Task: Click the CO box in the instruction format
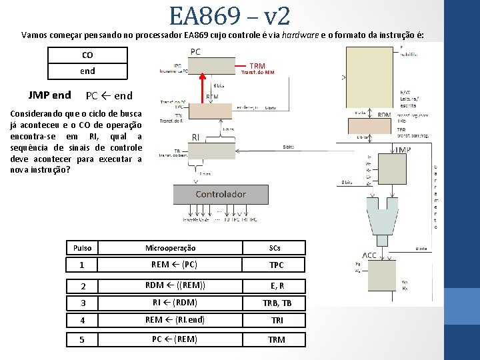[x=87, y=55]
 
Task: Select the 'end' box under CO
[x=87, y=71]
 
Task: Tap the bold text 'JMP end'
[x=49, y=95]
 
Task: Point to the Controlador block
[x=220, y=194]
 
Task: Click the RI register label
[x=195, y=137]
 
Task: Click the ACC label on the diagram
[x=369, y=255]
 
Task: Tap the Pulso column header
[x=82, y=248]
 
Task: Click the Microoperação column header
[x=171, y=248]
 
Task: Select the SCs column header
[x=275, y=248]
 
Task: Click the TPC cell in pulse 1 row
[x=275, y=265]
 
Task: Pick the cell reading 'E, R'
[x=275, y=285]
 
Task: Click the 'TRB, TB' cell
[x=275, y=303]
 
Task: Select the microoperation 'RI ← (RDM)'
[x=171, y=303]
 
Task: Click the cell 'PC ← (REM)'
[x=171, y=339]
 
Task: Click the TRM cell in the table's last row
[x=275, y=339]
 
